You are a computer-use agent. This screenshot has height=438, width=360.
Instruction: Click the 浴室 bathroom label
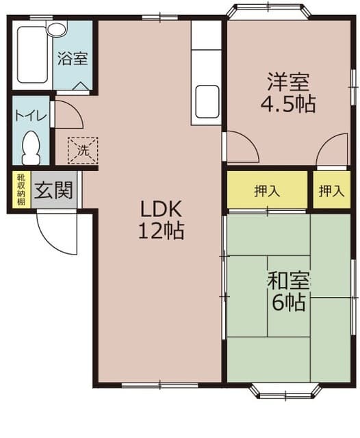[73, 58]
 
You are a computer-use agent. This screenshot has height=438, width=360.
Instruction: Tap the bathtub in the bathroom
[32, 55]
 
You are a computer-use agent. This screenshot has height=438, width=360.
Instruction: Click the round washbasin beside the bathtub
[57, 29]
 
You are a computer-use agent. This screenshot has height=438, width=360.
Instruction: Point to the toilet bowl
[31, 148]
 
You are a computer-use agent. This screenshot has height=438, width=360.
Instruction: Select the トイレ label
[31, 116]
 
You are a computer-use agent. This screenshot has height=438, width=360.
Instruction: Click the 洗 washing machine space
[83, 151]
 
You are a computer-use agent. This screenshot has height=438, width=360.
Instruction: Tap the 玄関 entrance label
[54, 190]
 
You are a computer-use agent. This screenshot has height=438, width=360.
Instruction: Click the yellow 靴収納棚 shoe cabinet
[21, 190]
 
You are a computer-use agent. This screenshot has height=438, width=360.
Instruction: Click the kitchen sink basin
[207, 102]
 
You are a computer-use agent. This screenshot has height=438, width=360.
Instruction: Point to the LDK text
[161, 209]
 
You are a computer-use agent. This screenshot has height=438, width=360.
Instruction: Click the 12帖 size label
[161, 231]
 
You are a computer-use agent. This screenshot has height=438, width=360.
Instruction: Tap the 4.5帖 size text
[288, 103]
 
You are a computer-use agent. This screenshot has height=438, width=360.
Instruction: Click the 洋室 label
[288, 81]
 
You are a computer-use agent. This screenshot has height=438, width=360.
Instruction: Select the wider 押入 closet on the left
[268, 190]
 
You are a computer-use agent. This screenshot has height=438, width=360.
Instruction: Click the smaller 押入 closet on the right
[331, 190]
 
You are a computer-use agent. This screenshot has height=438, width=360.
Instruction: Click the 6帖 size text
[288, 302]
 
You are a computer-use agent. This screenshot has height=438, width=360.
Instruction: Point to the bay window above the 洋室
[268, 11]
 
